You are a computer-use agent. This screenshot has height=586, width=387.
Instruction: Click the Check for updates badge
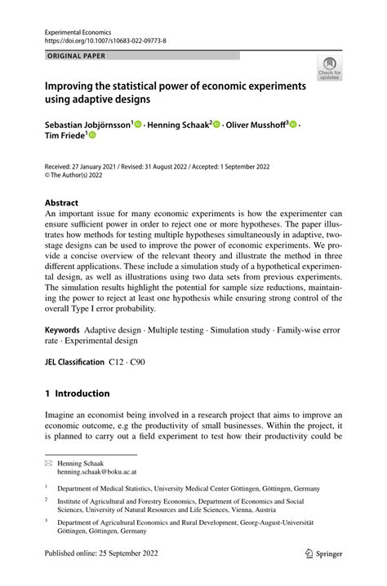click(x=330, y=68)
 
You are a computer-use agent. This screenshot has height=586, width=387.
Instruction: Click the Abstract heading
click(x=61, y=202)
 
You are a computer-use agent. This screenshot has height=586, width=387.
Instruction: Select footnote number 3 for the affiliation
click(x=47, y=519)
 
